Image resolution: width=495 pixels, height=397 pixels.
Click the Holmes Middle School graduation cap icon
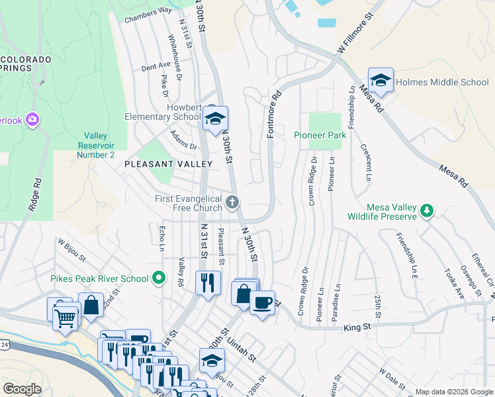(x=381, y=80)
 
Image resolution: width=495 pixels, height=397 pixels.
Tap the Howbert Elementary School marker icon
(x=215, y=119)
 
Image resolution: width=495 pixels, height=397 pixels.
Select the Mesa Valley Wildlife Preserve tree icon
(x=428, y=210)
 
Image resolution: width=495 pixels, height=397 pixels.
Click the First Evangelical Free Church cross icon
(x=232, y=201)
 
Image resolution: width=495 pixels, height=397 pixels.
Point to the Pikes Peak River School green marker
(x=158, y=278)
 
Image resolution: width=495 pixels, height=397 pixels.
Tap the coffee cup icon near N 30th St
(x=262, y=303)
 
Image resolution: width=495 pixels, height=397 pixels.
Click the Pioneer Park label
(x=320, y=135)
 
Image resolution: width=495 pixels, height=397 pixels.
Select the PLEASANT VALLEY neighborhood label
(x=168, y=163)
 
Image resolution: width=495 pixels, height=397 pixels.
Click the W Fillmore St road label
(x=360, y=36)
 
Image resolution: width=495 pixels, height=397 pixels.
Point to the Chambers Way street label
(x=148, y=14)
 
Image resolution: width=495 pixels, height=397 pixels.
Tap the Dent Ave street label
(x=156, y=67)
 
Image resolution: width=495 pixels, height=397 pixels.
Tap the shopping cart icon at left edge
(x=65, y=318)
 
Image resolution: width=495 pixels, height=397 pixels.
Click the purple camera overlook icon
(x=33, y=120)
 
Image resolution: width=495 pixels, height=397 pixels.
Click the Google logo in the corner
(x=22, y=389)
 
